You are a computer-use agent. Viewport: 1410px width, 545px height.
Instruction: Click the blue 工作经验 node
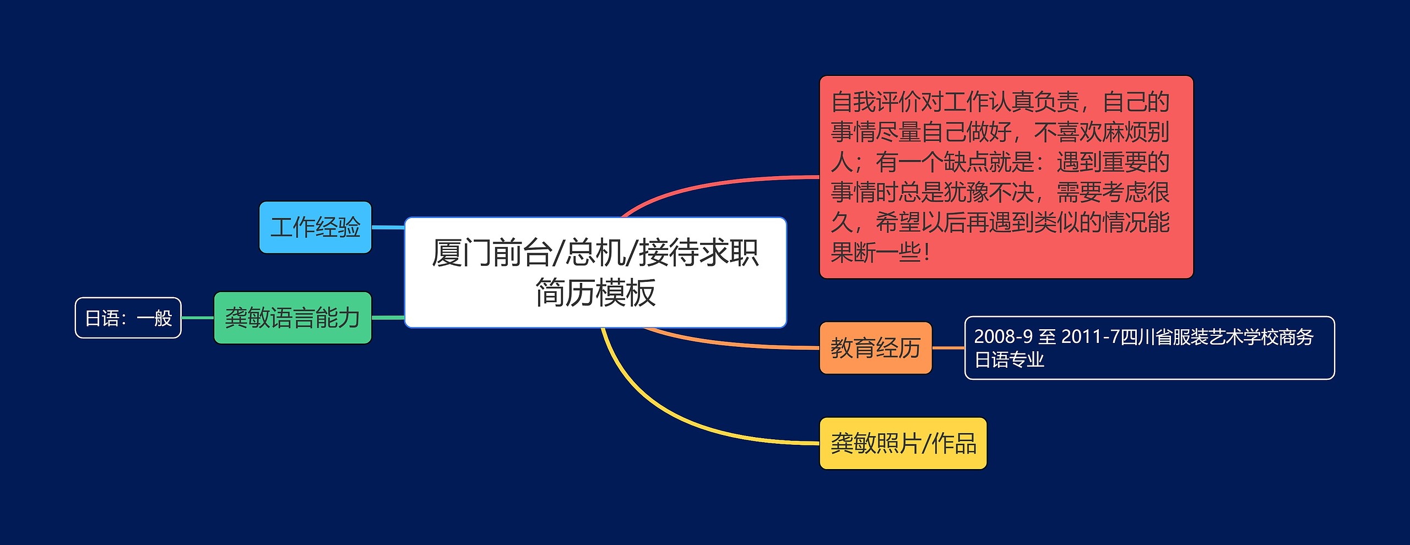316,227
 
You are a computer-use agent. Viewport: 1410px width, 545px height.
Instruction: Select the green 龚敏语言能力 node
292,318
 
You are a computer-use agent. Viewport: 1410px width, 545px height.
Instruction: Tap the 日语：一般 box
128,318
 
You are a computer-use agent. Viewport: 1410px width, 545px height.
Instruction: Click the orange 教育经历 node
876,348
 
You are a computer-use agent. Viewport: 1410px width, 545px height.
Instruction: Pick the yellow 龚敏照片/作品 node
903,444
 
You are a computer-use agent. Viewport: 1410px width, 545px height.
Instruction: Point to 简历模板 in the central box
595,292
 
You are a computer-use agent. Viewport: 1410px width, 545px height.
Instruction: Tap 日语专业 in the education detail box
1009,360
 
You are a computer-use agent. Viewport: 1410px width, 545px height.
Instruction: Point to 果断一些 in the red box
876,253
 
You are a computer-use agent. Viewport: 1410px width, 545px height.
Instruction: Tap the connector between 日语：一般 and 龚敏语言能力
197,318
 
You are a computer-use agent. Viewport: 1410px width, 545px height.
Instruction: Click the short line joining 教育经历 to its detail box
948,348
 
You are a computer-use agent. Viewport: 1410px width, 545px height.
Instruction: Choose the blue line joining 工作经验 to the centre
388,227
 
